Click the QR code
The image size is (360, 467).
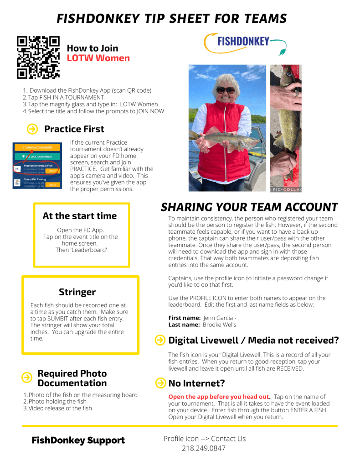[38, 57]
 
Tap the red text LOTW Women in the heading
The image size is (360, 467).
[98, 58]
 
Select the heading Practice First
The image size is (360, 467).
[74, 129]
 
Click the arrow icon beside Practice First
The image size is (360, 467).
[32, 129]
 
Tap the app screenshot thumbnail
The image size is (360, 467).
[37, 165]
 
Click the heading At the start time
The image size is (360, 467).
[80, 216]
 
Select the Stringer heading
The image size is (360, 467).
[77, 292]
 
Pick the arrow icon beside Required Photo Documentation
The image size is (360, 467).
[27, 377]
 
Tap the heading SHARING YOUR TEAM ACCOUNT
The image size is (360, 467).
[249, 207]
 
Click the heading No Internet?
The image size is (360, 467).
[196, 383]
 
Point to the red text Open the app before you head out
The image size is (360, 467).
[219, 397]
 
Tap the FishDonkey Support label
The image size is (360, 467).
[78, 441]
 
